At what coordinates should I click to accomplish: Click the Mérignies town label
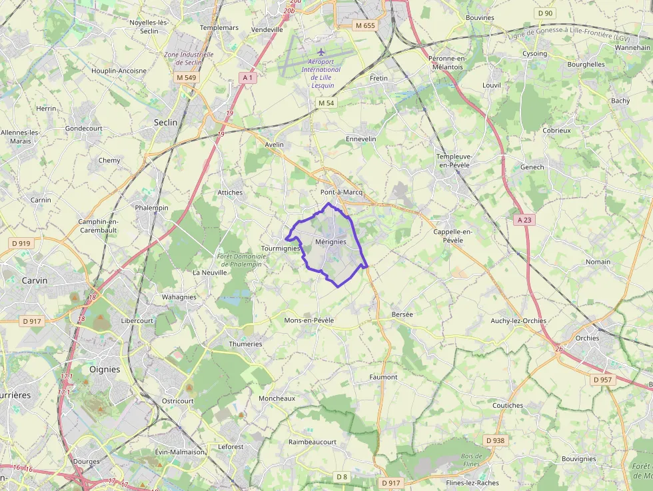pyautogui.click(x=330, y=242)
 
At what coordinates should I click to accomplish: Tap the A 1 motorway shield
pyautogui.click(x=247, y=78)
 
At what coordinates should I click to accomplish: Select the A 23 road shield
pyautogui.click(x=524, y=219)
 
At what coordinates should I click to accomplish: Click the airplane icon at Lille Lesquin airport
pyautogui.click(x=321, y=51)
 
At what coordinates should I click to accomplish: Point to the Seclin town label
pyautogui.click(x=166, y=123)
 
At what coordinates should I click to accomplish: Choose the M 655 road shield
pyautogui.click(x=365, y=25)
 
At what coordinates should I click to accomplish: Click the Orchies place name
pyautogui.click(x=587, y=338)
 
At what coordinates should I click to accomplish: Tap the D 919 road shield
pyautogui.click(x=21, y=243)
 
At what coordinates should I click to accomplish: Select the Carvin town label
pyautogui.click(x=35, y=280)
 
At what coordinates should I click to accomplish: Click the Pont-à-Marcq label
pyautogui.click(x=341, y=192)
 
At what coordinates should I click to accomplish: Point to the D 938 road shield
pyautogui.click(x=496, y=440)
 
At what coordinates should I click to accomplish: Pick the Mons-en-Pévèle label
pyautogui.click(x=309, y=320)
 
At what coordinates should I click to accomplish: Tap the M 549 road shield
pyautogui.click(x=187, y=78)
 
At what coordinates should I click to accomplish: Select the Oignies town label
pyautogui.click(x=105, y=369)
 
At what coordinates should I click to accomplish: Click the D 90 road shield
pyautogui.click(x=545, y=13)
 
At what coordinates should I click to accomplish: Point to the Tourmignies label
pyautogui.click(x=281, y=248)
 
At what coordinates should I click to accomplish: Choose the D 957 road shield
pyautogui.click(x=602, y=380)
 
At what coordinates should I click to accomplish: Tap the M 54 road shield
pyautogui.click(x=326, y=103)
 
